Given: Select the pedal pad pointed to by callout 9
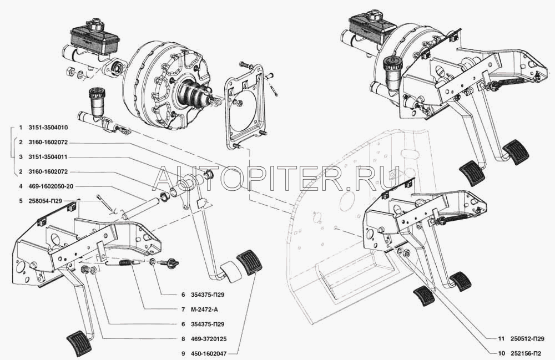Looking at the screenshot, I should (x=248, y=263).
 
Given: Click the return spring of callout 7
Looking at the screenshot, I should (x=124, y=263).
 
